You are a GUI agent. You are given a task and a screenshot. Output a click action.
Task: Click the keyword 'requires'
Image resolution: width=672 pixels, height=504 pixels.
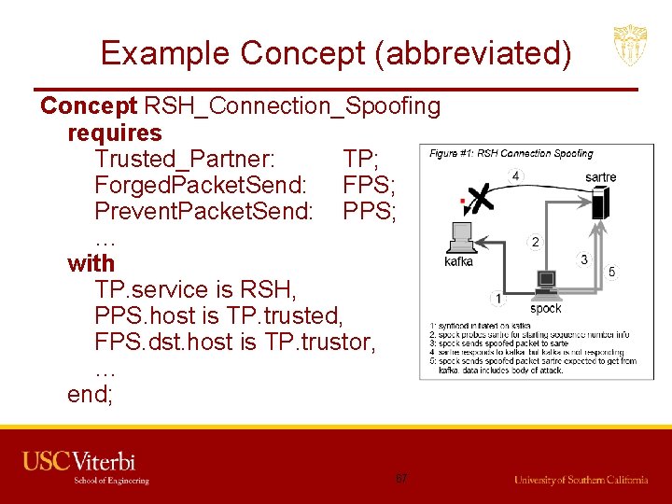point(115,133)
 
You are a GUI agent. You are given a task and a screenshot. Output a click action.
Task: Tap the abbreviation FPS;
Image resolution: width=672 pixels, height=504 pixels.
point(370,185)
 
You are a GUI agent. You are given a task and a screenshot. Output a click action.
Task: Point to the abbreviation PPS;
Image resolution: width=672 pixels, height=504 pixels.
point(370,211)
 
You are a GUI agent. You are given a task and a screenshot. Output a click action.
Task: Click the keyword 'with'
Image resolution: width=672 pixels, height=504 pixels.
point(91,263)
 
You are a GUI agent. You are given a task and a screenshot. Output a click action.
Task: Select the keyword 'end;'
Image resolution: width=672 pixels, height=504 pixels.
point(90,394)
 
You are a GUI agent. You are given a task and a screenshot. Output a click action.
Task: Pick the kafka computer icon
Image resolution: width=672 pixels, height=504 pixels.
point(460,238)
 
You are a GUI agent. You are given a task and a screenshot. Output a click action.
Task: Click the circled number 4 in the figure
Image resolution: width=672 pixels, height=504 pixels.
point(516,175)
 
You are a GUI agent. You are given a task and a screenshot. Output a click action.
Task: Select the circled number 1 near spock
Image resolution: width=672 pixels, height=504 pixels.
point(497,299)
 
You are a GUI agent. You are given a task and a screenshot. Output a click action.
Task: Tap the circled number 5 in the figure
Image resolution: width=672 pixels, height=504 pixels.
point(612,273)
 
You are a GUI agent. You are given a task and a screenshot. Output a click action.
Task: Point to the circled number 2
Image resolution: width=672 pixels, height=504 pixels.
point(534,242)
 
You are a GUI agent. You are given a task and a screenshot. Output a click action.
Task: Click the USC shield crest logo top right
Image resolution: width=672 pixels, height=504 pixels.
point(630,46)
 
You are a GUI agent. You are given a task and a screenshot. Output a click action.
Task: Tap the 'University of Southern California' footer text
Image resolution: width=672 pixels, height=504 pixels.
point(581,480)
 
